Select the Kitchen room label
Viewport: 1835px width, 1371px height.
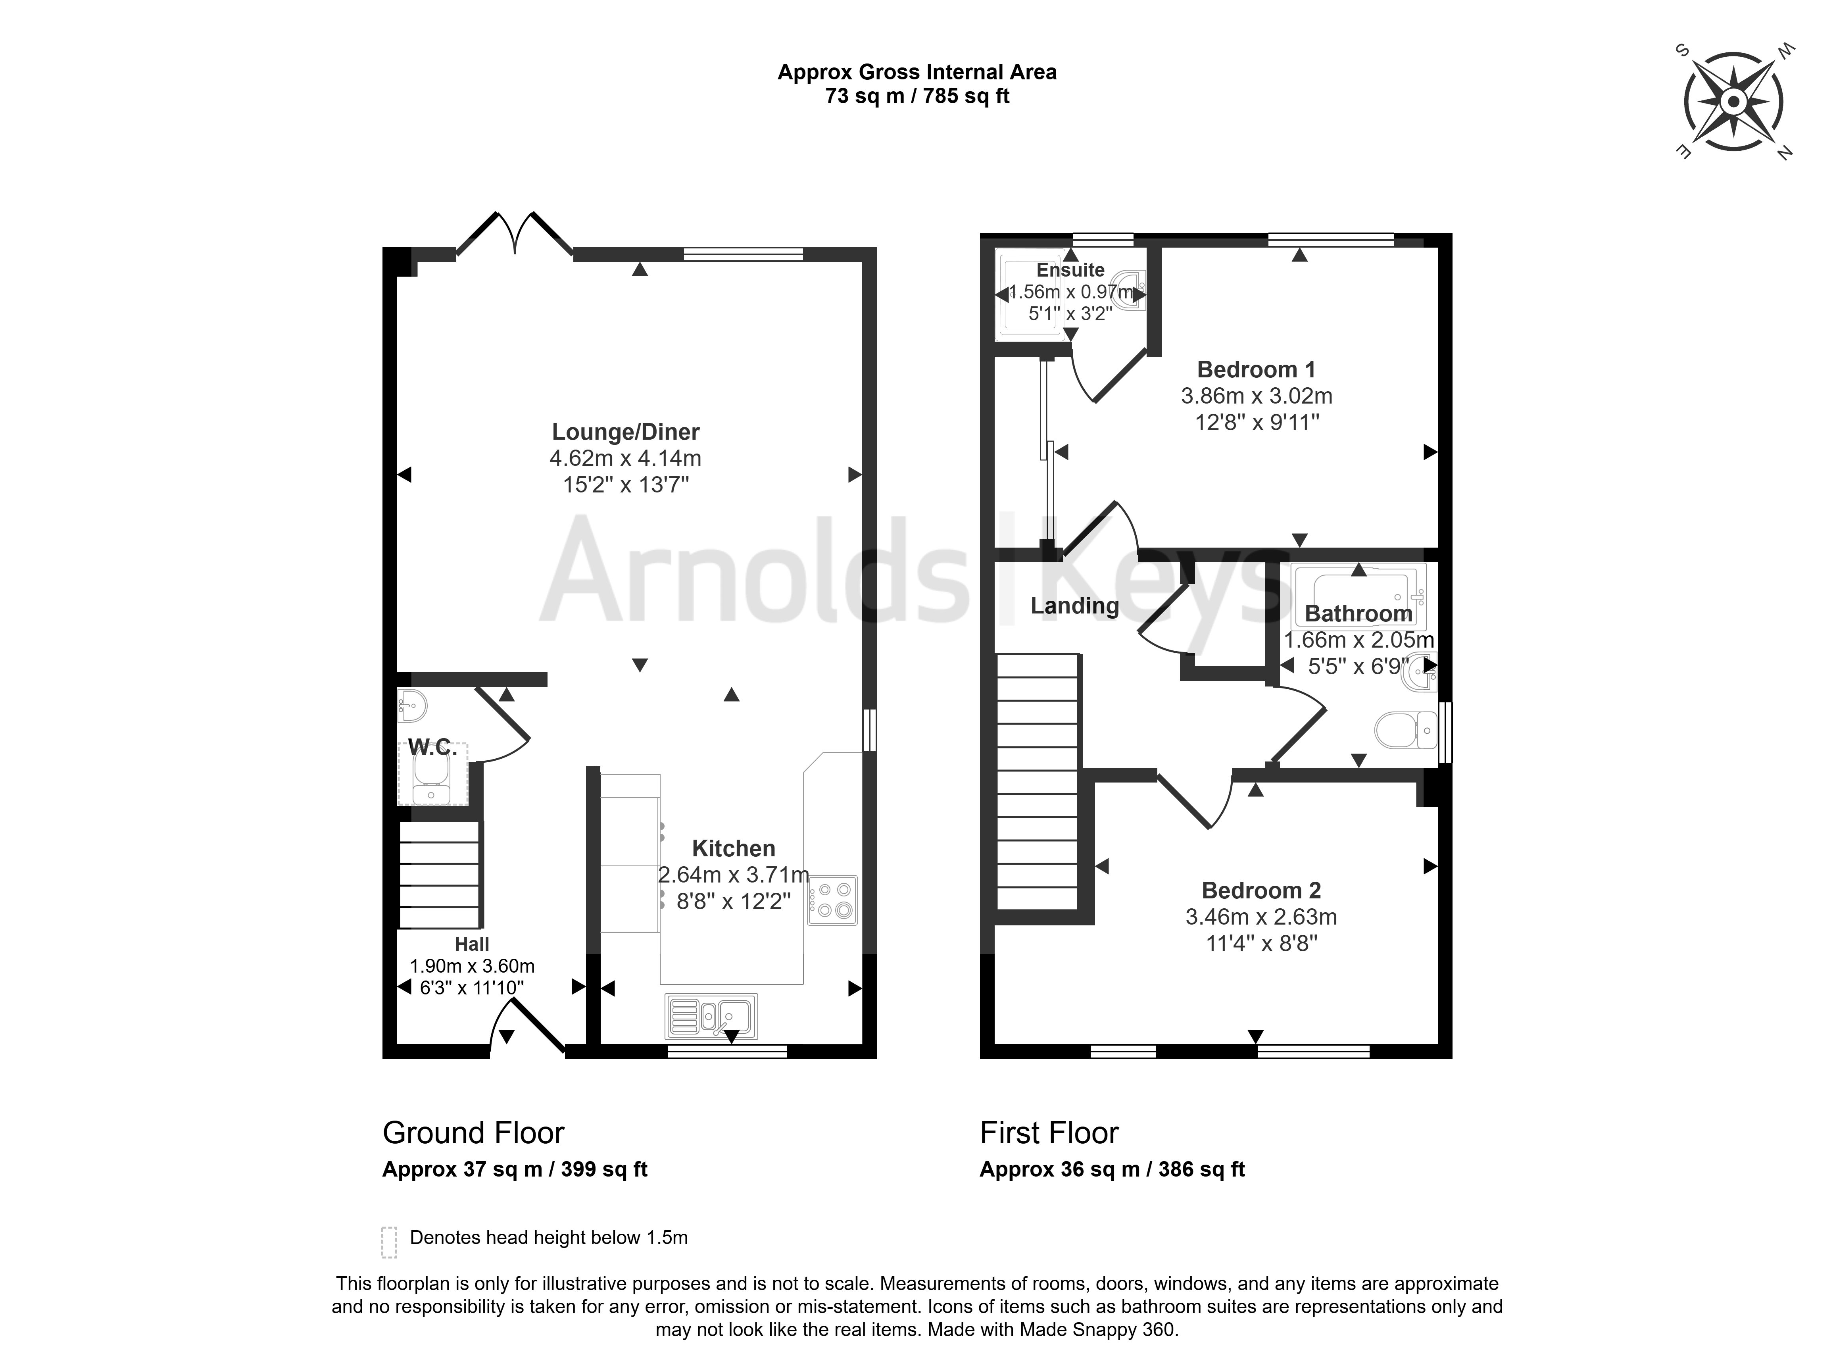point(733,848)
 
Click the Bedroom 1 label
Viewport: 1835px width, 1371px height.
point(1256,369)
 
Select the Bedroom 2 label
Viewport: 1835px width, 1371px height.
point(1261,890)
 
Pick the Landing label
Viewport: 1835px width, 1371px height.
point(1074,606)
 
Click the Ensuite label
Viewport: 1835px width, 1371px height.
point(1070,270)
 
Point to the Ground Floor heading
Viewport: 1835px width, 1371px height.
point(473,1133)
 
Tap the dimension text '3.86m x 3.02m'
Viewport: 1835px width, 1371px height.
point(1256,396)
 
